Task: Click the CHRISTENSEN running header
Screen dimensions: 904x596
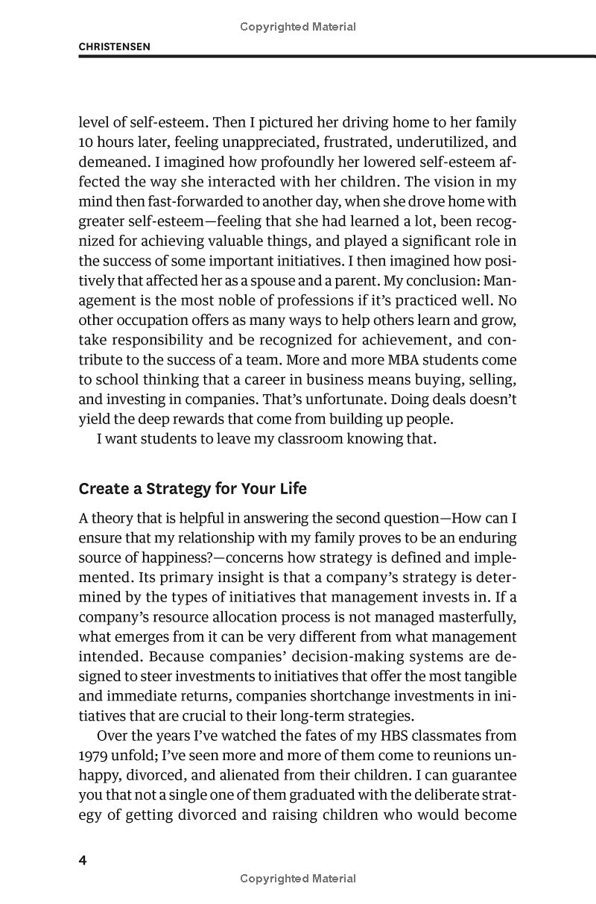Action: tap(115, 46)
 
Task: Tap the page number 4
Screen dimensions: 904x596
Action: tap(83, 861)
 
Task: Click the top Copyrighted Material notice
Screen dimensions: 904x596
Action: tap(298, 27)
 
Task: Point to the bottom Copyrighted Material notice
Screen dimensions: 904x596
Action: tap(298, 879)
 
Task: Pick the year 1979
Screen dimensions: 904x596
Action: tap(93, 756)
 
